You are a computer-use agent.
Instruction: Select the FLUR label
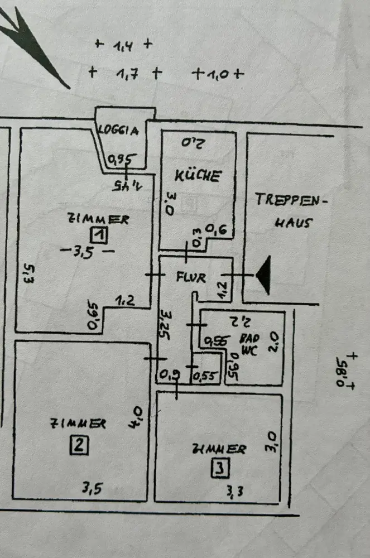pyautogui.click(x=192, y=276)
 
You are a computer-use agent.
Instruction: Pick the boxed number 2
pyautogui.click(x=78, y=445)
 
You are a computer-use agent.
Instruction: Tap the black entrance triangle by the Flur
pyautogui.click(x=262, y=275)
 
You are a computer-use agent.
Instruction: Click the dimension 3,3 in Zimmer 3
pyautogui.click(x=235, y=491)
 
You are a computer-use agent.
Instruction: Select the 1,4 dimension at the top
pyautogui.click(x=123, y=46)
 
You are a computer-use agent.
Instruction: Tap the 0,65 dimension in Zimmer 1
pyautogui.click(x=94, y=316)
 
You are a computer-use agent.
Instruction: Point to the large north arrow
pyautogui.click(x=33, y=45)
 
